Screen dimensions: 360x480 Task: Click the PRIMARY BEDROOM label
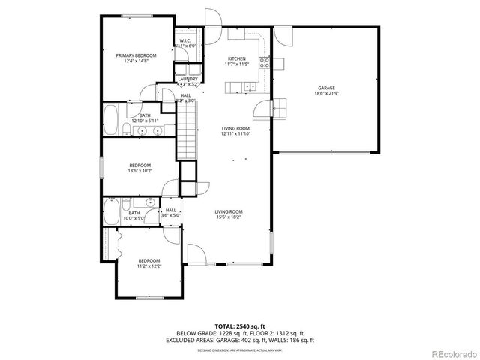136,55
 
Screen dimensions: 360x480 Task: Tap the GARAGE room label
325,88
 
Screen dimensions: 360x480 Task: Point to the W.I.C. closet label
184,40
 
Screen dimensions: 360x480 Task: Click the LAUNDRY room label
187,79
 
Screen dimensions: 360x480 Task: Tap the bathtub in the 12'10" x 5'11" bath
111,121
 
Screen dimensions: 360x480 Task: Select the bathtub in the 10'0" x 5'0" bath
109,211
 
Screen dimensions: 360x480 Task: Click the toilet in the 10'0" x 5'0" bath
127,203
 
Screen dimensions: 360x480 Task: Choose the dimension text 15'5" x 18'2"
229,218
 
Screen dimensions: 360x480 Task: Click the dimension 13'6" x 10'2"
139,171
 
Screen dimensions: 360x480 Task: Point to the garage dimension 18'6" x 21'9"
325,94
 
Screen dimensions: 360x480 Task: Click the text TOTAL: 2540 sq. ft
240,325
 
